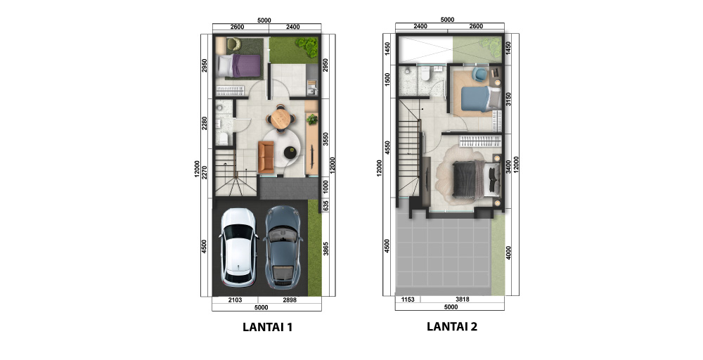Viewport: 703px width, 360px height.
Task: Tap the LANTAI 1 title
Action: pos(267,326)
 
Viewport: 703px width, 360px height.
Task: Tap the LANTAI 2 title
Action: pos(452,326)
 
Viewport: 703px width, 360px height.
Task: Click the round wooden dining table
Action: pos(281,118)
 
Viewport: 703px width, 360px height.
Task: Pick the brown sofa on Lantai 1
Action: pos(266,156)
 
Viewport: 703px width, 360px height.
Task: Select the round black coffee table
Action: pos(290,152)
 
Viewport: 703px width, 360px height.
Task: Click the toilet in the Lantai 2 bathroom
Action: pos(427,75)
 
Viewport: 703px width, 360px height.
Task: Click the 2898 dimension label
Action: pos(288,300)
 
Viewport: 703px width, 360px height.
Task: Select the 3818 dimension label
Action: pos(462,300)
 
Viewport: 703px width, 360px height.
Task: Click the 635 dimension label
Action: pos(325,204)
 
